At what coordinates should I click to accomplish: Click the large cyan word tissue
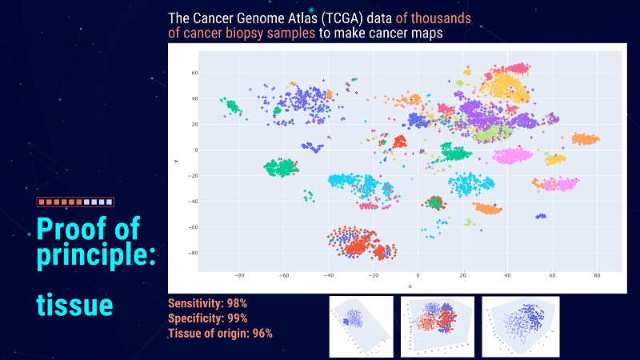coord(74,306)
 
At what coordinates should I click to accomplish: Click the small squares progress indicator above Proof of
coord(75,203)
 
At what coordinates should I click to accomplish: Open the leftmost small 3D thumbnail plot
coord(361,326)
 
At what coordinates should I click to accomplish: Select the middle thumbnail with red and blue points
coord(437,326)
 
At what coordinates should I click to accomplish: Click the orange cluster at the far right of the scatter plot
coord(585,139)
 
